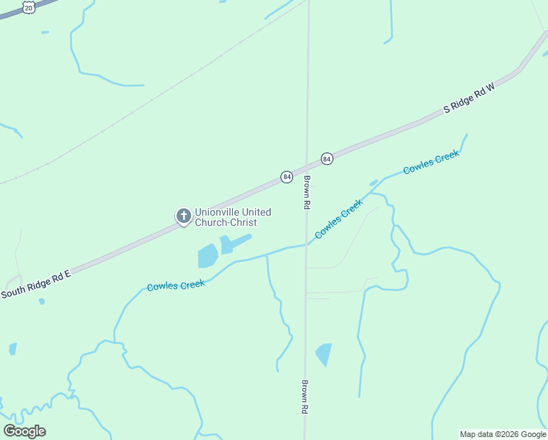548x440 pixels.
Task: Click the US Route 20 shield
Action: tap(28, 7)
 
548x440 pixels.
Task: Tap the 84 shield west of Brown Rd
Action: tap(287, 177)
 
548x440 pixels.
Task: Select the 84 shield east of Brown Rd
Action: tap(327, 158)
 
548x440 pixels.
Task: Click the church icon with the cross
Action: tap(183, 216)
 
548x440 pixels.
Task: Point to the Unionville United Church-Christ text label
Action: tap(232, 217)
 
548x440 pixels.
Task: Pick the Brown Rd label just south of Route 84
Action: tap(307, 194)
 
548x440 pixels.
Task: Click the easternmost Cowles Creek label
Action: tap(432, 161)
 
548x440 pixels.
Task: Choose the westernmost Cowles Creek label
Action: tap(176, 284)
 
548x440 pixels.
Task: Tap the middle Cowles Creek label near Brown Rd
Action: tap(338, 219)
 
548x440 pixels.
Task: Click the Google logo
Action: tap(24, 430)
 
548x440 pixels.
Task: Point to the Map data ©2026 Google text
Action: tap(503, 434)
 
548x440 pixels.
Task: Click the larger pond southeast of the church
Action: tap(207, 256)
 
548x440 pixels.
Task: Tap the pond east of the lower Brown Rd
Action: tap(324, 354)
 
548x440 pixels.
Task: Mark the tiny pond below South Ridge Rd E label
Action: tap(42, 301)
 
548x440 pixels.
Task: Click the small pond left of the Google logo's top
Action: tap(12, 349)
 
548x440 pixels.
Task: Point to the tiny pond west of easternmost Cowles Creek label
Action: tap(374, 183)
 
